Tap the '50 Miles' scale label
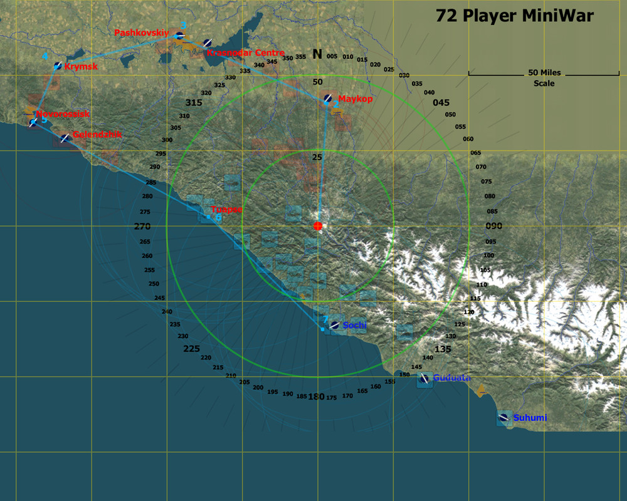544,73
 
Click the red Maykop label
355,99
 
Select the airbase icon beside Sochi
335,325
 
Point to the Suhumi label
530,418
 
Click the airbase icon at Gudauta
424,378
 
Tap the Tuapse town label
226,210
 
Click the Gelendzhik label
97,134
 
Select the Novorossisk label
63,114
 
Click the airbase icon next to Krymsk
57,66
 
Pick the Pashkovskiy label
142,32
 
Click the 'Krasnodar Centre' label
245,53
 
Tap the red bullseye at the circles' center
318,225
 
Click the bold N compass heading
317,54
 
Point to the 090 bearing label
494,226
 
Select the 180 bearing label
317,396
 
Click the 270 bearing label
142,226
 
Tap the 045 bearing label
441,103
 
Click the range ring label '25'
317,157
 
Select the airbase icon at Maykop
328,98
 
